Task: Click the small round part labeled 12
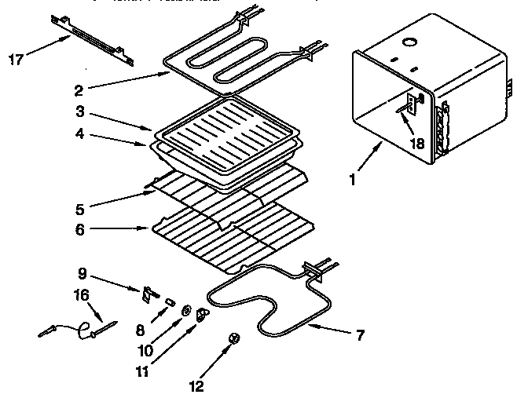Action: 233,338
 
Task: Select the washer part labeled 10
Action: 187,310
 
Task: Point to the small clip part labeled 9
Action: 147,295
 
